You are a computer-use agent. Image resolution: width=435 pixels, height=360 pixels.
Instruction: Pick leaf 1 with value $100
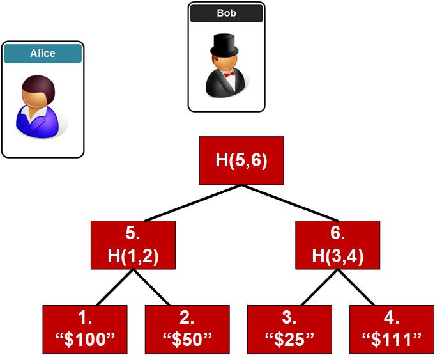coord(85,329)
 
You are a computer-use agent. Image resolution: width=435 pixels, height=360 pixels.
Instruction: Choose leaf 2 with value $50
coord(187,329)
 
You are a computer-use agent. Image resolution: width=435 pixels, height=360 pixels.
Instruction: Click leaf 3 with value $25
coord(289,329)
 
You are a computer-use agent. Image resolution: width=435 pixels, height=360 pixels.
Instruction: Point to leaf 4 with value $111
coord(392,329)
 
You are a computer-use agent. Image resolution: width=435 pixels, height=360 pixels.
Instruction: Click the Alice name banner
coord(43,53)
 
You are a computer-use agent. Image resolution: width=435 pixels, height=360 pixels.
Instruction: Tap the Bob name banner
coord(226,13)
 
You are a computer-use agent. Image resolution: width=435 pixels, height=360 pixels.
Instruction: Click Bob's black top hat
coord(224,45)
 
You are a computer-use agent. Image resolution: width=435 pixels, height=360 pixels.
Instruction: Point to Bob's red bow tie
coord(229,74)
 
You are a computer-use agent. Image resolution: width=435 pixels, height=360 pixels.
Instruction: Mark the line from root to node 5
coord(193,203)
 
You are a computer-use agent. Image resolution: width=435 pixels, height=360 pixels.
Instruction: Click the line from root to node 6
coord(290,203)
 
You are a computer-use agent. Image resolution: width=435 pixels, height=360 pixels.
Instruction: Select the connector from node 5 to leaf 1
coord(115,287)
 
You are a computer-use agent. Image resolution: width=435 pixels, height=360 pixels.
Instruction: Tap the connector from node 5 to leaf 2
coord(151,287)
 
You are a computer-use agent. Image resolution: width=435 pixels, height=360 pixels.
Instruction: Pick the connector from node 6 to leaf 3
coord(319,287)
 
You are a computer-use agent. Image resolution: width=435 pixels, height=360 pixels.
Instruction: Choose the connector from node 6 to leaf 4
coord(356,287)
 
